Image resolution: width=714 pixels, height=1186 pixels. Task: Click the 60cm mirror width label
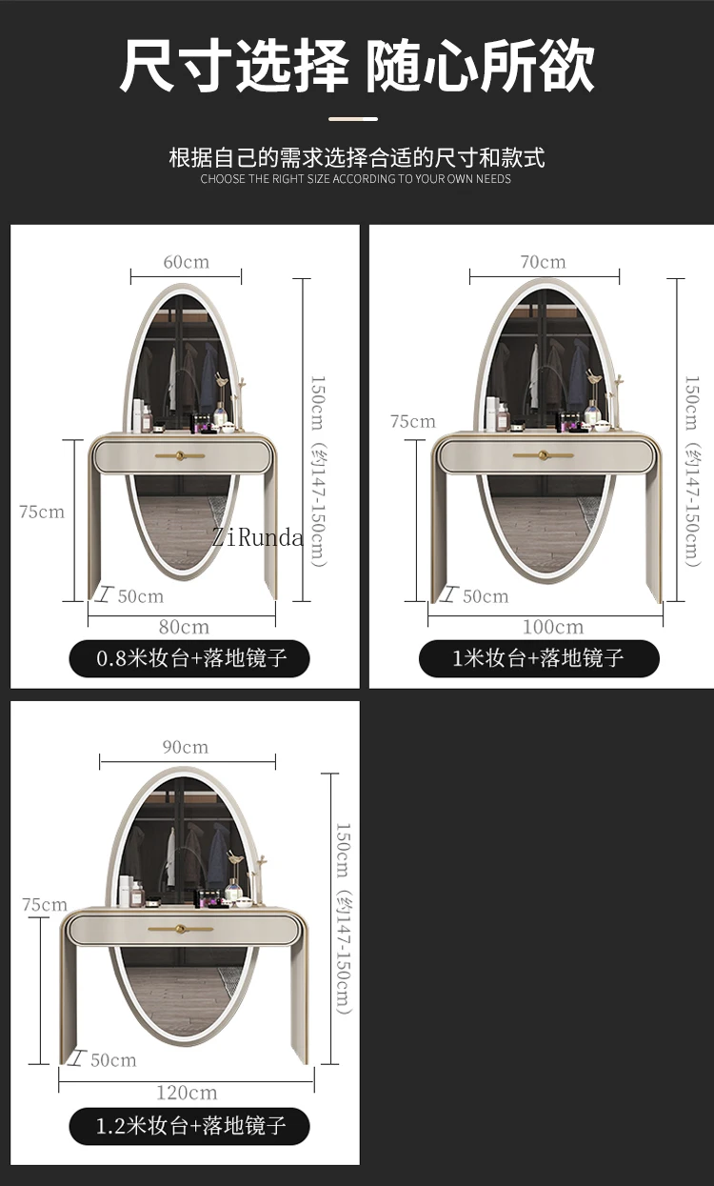pyautogui.click(x=187, y=262)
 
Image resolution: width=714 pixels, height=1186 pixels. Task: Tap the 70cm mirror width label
pyautogui.click(x=543, y=262)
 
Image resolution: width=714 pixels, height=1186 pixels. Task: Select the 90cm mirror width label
pyautogui.click(x=186, y=747)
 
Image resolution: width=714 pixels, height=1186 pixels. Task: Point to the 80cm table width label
pyautogui.click(x=184, y=627)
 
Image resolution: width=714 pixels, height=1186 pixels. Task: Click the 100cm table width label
pyautogui.click(x=553, y=627)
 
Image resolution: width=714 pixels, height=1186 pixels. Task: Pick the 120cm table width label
pyautogui.click(x=187, y=1093)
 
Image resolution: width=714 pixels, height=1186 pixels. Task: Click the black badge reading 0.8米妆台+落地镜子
pyautogui.click(x=189, y=658)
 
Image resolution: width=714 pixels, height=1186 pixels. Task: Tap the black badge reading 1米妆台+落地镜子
pyautogui.click(x=539, y=658)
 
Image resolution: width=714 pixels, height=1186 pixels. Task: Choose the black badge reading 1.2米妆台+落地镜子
pyautogui.click(x=189, y=1126)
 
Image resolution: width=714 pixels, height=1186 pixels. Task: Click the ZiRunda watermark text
pyautogui.click(x=258, y=538)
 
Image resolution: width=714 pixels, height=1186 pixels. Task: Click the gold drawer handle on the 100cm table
pyautogui.click(x=544, y=454)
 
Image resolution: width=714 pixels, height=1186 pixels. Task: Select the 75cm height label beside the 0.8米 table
pyautogui.click(x=42, y=512)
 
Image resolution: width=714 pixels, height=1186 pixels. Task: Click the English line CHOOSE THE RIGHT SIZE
pyautogui.click(x=356, y=179)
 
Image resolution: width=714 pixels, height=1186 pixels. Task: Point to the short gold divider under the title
pyautogui.click(x=353, y=119)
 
